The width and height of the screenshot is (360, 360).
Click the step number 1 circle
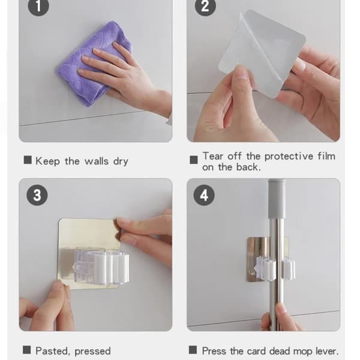(x=38, y=6)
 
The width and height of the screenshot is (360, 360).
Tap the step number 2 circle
(x=205, y=6)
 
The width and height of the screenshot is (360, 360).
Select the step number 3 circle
(x=37, y=195)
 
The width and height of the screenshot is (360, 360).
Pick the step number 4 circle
(x=204, y=195)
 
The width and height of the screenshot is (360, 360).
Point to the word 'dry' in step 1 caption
(x=121, y=161)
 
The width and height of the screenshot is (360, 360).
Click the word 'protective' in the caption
(x=289, y=157)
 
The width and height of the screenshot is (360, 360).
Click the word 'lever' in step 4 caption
(x=327, y=351)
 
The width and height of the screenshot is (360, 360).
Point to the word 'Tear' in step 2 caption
(x=213, y=156)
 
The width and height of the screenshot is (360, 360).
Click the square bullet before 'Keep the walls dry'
(x=28, y=160)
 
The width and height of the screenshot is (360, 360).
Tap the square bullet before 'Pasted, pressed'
(x=27, y=350)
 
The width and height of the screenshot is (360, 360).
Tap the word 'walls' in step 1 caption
(x=97, y=161)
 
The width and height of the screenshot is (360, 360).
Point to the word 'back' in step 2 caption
(x=248, y=167)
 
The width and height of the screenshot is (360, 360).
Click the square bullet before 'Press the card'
(x=193, y=350)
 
